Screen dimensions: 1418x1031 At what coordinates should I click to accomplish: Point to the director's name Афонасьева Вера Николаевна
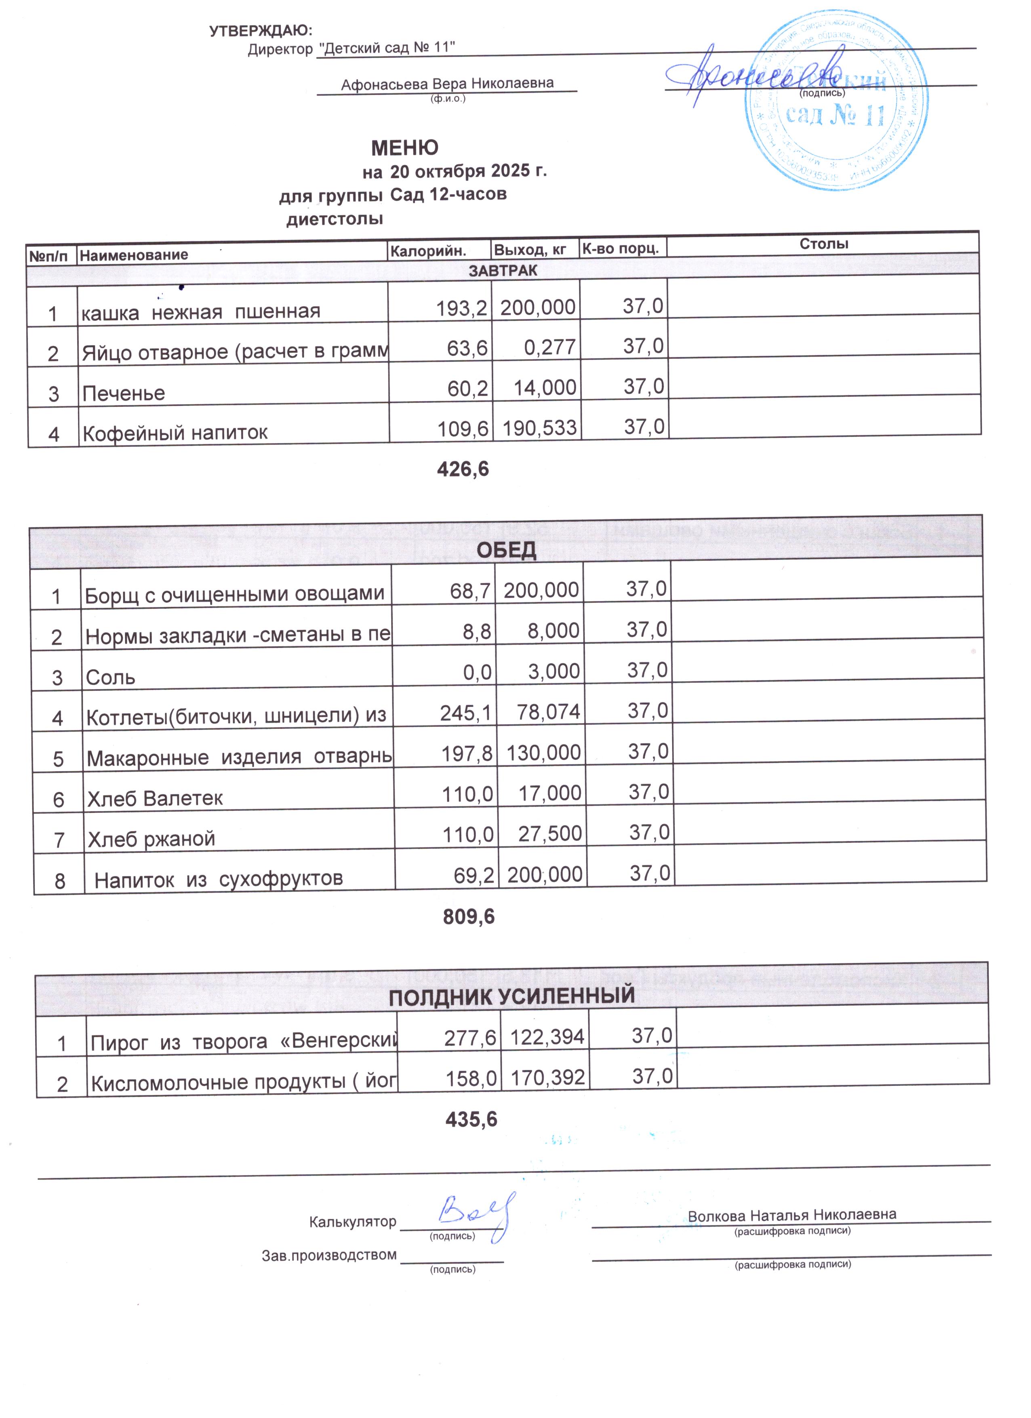tap(447, 84)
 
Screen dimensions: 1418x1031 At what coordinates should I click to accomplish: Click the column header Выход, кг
tap(530, 250)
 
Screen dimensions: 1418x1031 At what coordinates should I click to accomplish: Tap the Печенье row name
tap(124, 393)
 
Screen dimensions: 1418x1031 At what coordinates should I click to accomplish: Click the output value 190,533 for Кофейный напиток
tap(539, 428)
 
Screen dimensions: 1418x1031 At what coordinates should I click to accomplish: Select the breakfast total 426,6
tap(463, 469)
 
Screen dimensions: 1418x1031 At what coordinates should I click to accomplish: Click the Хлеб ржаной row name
tap(151, 838)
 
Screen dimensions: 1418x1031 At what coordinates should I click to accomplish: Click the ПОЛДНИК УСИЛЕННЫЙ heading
tap(511, 996)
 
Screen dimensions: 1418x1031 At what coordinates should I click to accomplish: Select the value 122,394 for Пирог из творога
tap(547, 1037)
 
